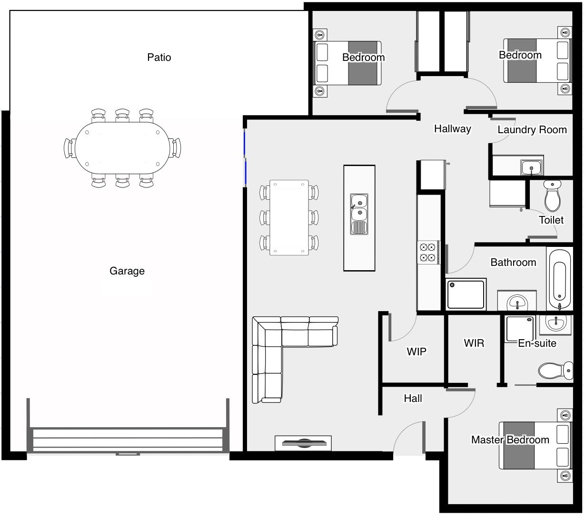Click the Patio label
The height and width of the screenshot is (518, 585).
[x=159, y=57]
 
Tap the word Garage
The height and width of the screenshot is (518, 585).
[x=127, y=271]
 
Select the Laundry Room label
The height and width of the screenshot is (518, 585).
[x=532, y=129]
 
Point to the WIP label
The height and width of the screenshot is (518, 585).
[x=416, y=352]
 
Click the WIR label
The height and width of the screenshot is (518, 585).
[x=474, y=343]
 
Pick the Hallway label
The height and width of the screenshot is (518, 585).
[x=453, y=129]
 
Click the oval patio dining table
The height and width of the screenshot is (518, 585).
[x=122, y=148]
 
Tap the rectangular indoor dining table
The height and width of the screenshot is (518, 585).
[x=289, y=217]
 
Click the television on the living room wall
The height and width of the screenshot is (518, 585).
[x=303, y=443]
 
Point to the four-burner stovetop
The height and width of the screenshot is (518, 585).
[x=428, y=252]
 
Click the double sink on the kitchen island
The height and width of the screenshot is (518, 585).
[x=359, y=214]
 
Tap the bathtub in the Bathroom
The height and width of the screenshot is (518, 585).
[x=560, y=279]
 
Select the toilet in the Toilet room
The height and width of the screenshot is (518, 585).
[x=552, y=196]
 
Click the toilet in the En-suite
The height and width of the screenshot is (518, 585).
[x=555, y=371]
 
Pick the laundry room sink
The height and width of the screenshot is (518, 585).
[x=531, y=167]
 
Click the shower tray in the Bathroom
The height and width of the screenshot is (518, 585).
[x=466, y=294]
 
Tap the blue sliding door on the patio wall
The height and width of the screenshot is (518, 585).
[x=245, y=157]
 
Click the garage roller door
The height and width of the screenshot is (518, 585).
[x=128, y=440]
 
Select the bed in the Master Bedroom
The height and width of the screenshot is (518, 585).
[x=535, y=446]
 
